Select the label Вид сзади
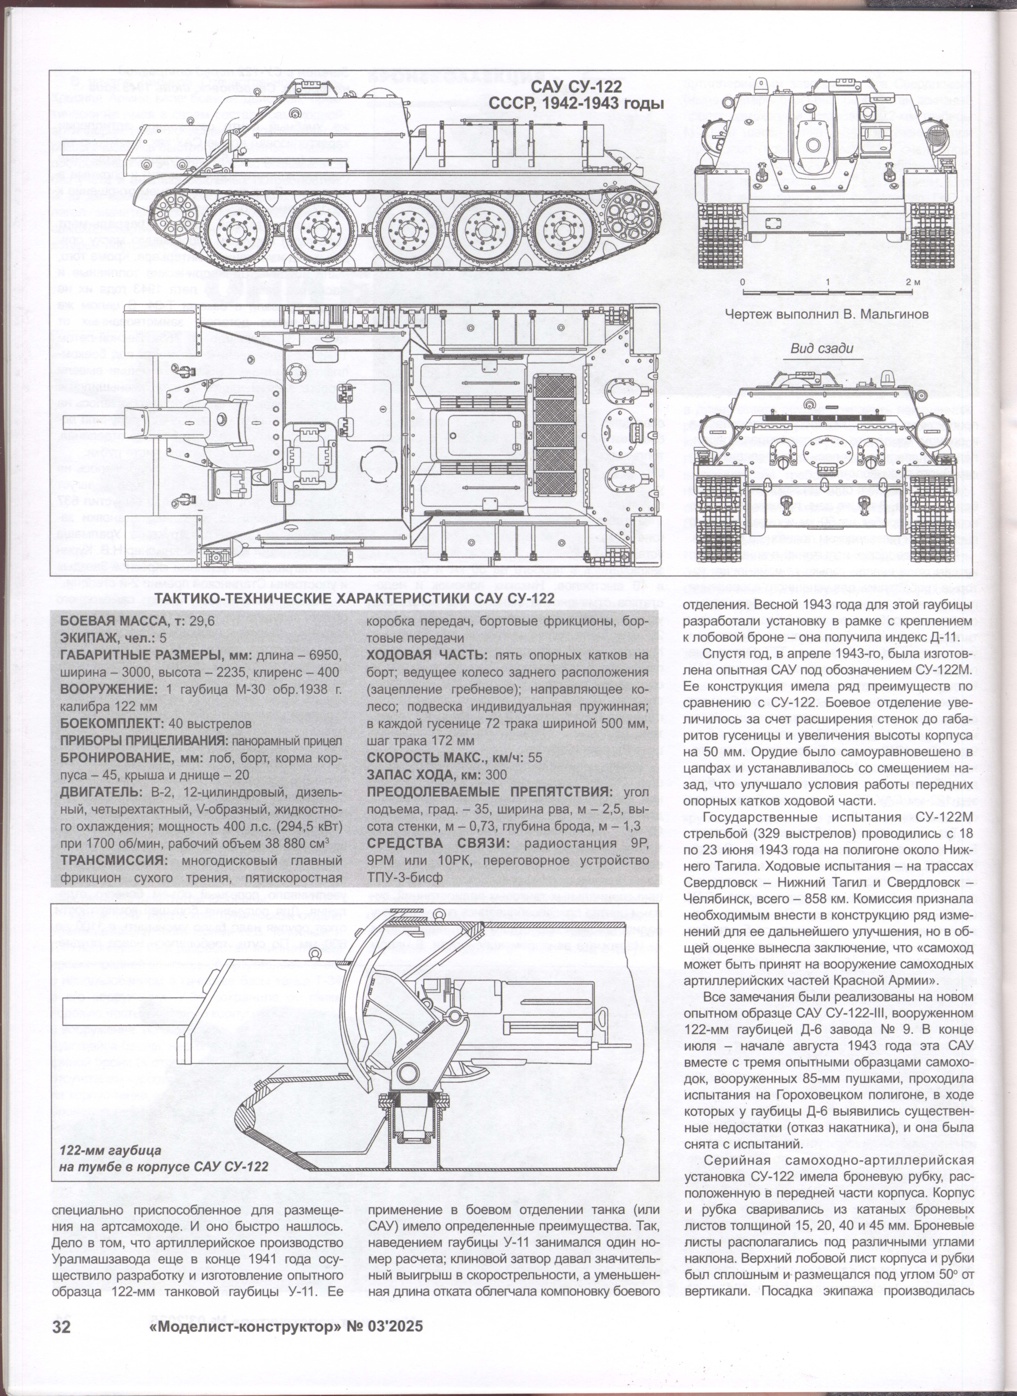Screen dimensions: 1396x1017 pyautogui.click(x=822, y=348)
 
